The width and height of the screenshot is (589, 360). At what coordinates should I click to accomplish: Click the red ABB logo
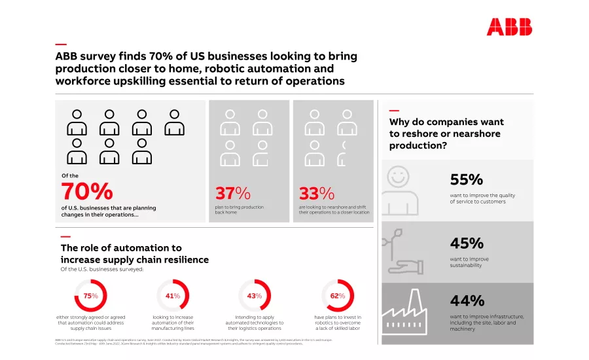[509, 27]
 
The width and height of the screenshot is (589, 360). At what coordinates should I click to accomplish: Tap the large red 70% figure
[87, 192]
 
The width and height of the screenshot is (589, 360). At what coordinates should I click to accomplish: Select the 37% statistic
[233, 194]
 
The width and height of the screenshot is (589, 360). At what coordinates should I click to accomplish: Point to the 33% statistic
[317, 194]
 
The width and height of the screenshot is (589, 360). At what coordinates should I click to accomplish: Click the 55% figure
[467, 180]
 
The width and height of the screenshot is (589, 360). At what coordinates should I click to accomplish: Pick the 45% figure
[467, 243]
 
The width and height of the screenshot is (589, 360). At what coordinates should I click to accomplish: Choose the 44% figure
[467, 301]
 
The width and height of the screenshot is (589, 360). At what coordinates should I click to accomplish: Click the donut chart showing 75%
[90, 296]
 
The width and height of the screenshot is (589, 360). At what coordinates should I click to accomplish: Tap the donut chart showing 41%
[173, 296]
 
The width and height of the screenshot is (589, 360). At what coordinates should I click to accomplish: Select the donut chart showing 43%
[255, 296]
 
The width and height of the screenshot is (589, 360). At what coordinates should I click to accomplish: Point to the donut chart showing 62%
[338, 296]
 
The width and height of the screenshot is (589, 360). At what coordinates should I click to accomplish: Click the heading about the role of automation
[134, 254]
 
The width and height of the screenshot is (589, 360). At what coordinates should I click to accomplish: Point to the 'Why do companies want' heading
[446, 134]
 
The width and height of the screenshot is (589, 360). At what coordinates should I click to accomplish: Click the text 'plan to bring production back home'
[240, 209]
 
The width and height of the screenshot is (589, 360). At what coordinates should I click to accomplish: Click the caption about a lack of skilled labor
[338, 323]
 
